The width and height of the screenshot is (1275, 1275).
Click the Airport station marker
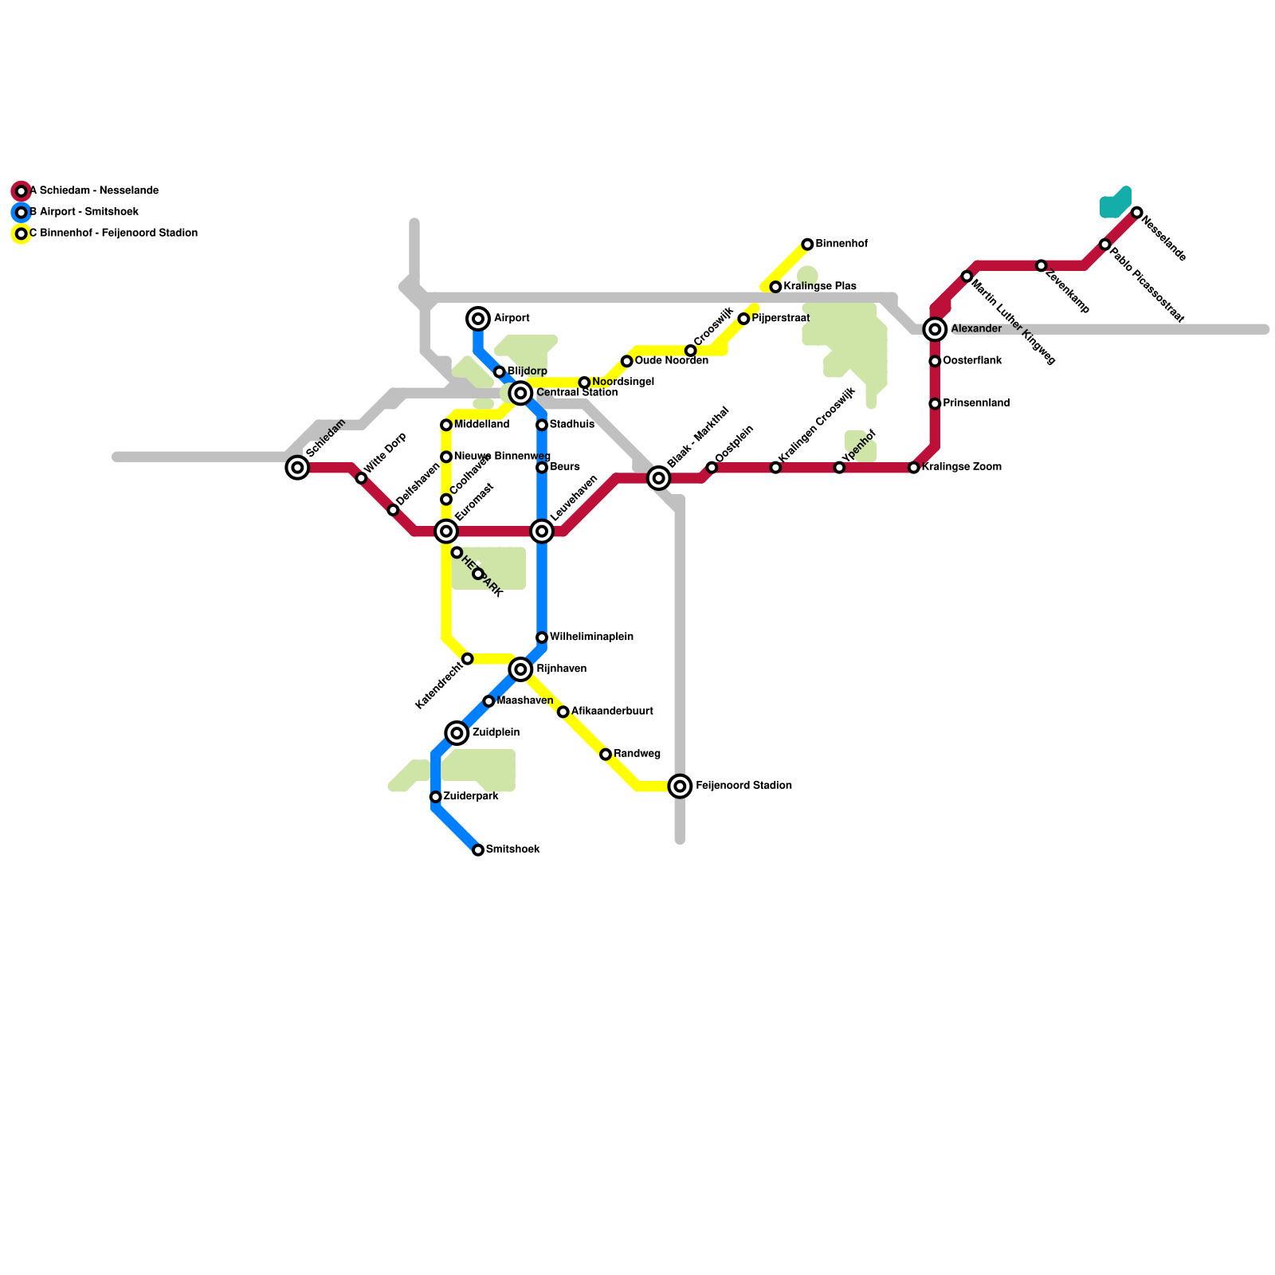tap(478, 319)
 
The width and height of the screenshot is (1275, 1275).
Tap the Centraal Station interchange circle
tap(521, 393)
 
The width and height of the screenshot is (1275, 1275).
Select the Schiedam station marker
tap(297, 468)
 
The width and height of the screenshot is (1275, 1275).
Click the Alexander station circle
tap(935, 329)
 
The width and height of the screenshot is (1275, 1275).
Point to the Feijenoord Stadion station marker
tap(680, 787)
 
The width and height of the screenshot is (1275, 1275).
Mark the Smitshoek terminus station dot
tap(478, 850)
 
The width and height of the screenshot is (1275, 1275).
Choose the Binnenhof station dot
tap(807, 245)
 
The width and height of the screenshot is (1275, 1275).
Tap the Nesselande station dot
tap(1136, 213)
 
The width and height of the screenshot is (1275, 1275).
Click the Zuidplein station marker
tap(457, 733)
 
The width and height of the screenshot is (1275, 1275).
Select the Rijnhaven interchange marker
tap(521, 669)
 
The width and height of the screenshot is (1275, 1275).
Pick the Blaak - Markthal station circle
tap(658, 478)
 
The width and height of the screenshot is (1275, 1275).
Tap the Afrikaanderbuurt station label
tap(612, 712)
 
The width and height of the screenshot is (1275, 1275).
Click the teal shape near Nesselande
tap(1116, 204)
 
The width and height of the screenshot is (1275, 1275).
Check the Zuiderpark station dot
tap(435, 797)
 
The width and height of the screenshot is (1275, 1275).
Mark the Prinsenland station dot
tap(935, 404)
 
